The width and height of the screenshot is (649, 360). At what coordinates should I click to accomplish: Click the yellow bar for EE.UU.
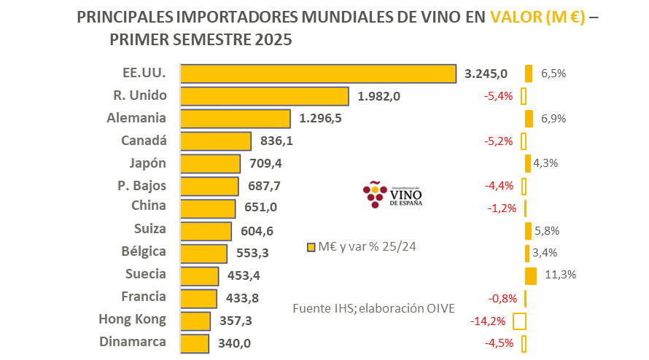(318, 74)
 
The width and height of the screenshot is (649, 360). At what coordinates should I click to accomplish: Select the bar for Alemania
(235, 119)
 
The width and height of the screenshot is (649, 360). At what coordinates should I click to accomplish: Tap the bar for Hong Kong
(195, 321)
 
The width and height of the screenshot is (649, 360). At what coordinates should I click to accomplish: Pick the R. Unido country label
(140, 95)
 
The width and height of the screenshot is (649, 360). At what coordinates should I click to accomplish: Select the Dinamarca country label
(133, 342)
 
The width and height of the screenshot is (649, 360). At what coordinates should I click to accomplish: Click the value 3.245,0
(486, 74)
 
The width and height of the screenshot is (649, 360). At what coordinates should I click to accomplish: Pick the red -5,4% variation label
(500, 96)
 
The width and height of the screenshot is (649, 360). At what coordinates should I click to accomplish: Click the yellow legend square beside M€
(311, 246)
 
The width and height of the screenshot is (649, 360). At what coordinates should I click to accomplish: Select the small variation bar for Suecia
(531, 275)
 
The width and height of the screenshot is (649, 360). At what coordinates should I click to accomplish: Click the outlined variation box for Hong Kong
(520, 321)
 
